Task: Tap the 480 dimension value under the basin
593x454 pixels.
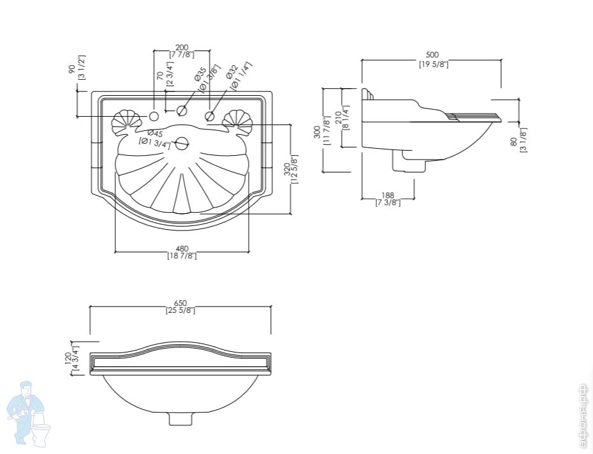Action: (182, 248)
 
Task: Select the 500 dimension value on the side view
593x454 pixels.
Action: (432, 55)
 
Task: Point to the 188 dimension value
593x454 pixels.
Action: (388, 195)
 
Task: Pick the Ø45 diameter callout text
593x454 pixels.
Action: (155, 133)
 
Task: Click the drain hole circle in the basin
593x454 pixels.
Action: (182, 144)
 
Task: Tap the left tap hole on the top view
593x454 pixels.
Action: (154, 116)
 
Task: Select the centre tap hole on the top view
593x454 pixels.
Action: (182, 111)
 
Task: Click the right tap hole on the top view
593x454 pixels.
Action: (210, 116)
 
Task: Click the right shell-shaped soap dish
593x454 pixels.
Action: (238, 122)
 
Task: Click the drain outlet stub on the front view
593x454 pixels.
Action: (180, 418)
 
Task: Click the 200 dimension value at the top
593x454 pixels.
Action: (182, 47)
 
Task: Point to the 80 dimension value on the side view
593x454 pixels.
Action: (514, 142)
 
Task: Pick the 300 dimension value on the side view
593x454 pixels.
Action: (318, 132)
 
